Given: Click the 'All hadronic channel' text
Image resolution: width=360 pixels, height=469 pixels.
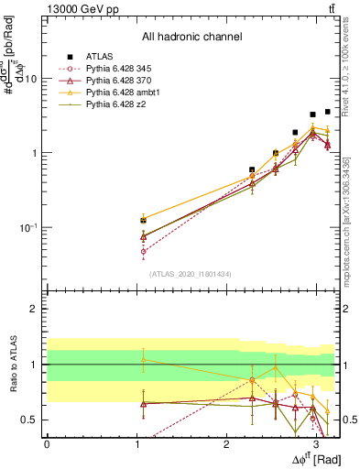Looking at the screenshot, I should tap(191, 38).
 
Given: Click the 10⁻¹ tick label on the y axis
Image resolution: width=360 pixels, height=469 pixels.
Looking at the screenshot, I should tap(27, 227).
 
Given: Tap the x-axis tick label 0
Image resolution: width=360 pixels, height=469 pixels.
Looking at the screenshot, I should tap(47, 443).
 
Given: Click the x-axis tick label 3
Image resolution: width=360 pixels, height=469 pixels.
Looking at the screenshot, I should tap(316, 443).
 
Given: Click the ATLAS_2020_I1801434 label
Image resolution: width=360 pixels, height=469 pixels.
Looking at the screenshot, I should tap(191, 274).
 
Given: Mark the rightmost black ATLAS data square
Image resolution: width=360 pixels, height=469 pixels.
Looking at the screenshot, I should tap(327, 112).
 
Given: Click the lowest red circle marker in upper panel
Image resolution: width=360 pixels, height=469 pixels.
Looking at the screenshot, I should tap(143, 251).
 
